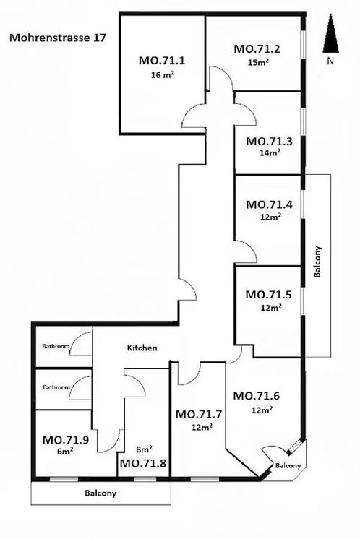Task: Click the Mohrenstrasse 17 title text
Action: (x=58, y=38)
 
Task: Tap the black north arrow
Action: (x=330, y=33)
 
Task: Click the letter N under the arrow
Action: (x=330, y=61)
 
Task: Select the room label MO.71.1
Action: (x=162, y=61)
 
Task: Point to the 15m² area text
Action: (x=258, y=63)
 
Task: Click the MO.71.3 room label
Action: (x=269, y=142)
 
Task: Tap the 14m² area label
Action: (x=270, y=152)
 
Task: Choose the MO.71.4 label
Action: (x=269, y=204)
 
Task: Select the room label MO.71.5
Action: (x=268, y=295)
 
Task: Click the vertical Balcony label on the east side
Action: (x=317, y=262)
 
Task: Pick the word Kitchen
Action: (x=142, y=348)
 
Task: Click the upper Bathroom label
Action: (x=56, y=346)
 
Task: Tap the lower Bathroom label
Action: (x=56, y=387)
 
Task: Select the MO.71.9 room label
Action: (x=66, y=440)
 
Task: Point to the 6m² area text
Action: (x=65, y=451)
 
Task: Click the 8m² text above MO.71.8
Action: (x=145, y=449)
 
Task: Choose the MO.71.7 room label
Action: (x=199, y=414)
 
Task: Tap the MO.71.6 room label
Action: (x=257, y=396)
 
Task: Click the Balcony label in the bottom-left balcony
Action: (x=100, y=493)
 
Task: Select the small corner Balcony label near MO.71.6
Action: (x=288, y=466)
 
